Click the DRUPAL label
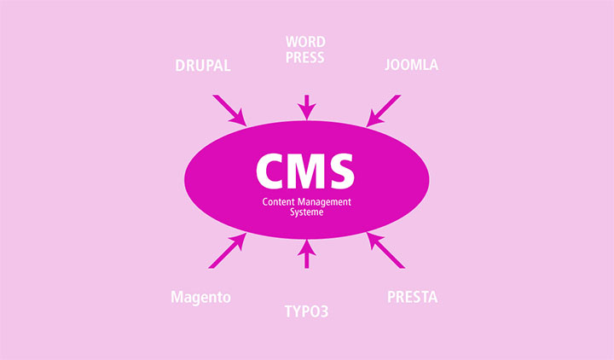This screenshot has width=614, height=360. (x=203, y=66)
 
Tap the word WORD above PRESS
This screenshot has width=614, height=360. (x=305, y=42)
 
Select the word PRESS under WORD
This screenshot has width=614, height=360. (x=304, y=58)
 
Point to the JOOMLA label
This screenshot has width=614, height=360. (x=411, y=65)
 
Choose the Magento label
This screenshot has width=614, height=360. (x=200, y=298)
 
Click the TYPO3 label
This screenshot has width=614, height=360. (x=306, y=312)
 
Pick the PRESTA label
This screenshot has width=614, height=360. (x=413, y=298)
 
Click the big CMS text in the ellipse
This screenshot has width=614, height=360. (x=305, y=171)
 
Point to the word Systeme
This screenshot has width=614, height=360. (x=307, y=212)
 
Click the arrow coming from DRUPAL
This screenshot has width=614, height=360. (x=230, y=110)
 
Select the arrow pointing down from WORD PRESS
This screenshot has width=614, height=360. (x=307, y=107)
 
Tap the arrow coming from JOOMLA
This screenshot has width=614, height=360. (x=384, y=111)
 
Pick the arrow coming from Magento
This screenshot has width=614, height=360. (x=228, y=251)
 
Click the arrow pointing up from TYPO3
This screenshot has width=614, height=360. (x=307, y=254)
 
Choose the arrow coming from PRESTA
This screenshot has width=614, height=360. (x=385, y=250)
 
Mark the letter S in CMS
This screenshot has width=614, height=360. (x=340, y=171)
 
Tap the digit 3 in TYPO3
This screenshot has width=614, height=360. (x=324, y=312)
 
